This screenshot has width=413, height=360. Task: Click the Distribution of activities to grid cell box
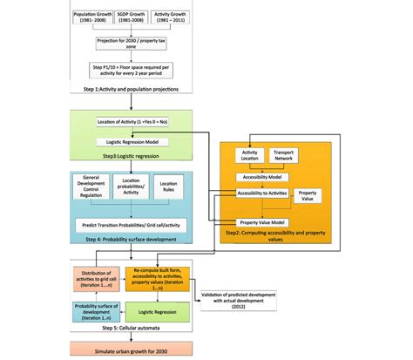coord(97,278)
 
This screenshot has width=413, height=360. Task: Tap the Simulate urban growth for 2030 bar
coord(139,350)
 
